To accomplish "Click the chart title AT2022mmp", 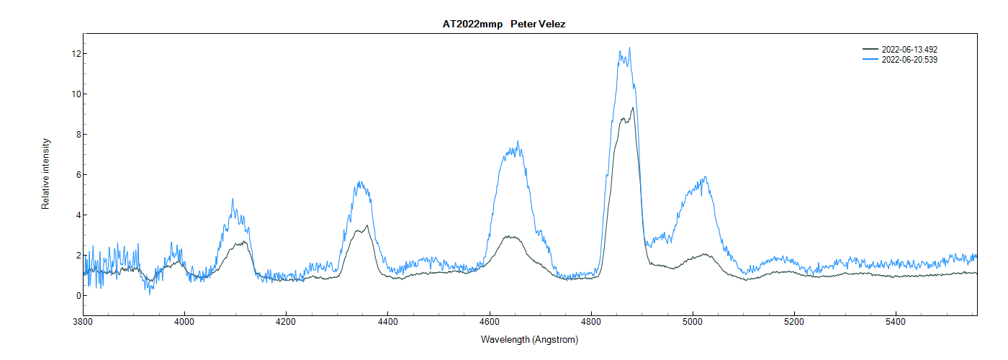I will pos(472,24).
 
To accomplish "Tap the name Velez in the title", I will pos(550,24).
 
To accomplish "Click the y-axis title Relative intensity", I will pos(45,174).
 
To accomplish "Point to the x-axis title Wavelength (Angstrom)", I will pos(529,339).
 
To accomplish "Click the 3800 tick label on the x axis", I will pos(84,322).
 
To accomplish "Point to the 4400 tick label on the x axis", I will pos(387,322).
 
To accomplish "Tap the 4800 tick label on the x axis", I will pos(591,322).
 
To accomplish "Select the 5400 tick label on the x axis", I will pos(896,322).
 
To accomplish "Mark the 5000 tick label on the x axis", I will pos(693,322).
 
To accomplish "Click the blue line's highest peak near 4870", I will pos(630,48).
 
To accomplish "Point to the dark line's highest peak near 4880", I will pos(632,108).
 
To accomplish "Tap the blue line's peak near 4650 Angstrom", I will pos(518,142).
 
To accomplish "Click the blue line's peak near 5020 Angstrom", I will pos(706,177).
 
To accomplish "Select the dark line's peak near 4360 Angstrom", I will pos(367,225).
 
